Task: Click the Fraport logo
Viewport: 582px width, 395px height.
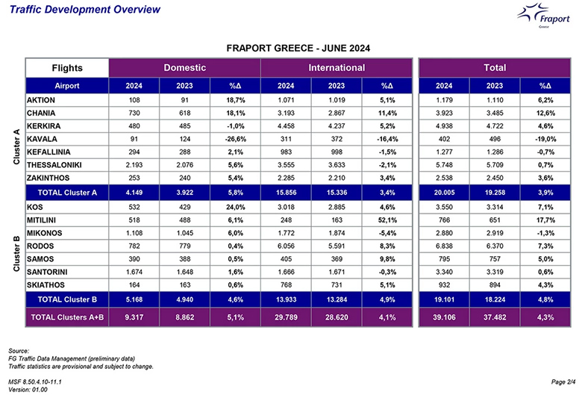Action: pyautogui.click(x=544, y=16)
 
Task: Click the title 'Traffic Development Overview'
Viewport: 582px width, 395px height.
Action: pyautogui.click(x=85, y=9)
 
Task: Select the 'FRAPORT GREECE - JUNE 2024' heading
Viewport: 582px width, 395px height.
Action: pyautogui.click(x=298, y=49)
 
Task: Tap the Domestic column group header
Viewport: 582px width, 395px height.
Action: pyautogui.click(x=185, y=68)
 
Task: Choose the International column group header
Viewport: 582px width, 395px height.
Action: pyautogui.click(x=337, y=68)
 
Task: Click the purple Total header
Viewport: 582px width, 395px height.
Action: pyautogui.click(x=495, y=68)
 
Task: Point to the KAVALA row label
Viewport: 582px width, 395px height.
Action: pyautogui.click(x=42, y=139)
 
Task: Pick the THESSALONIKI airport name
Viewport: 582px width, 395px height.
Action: pyautogui.click(x=54, y=165)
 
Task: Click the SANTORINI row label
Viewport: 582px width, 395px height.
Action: pyautogui.click(x=47, y=272)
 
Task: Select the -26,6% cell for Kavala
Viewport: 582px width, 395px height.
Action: pyautogui.click(x=235, y=139)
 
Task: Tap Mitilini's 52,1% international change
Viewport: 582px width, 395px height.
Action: pyautogui.click(x=387, y=220)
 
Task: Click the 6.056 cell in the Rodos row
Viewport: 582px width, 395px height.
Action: pyautogui.click(x=286, y=246)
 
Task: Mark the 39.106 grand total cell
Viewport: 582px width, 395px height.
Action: pyautogui.click(x=444, y=317)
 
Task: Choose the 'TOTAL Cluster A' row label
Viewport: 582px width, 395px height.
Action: pyautogui.click(x=67, y=193)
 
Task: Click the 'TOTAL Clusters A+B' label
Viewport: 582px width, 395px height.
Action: pyautogui.click(x=67, y=317)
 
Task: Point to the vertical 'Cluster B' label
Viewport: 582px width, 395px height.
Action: pyautogui.click(x=16, y=253)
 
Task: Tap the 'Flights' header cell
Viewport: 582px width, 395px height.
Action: pyautogui.click(x=67, y=68)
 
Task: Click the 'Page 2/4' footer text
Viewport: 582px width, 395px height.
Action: pyautogui.click(x=563, y=382)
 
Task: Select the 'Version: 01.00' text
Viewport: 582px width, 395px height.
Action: pyautogui.click(x=28, y=390)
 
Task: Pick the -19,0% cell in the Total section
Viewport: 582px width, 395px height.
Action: pyautogui.click(x=545, y=139)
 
